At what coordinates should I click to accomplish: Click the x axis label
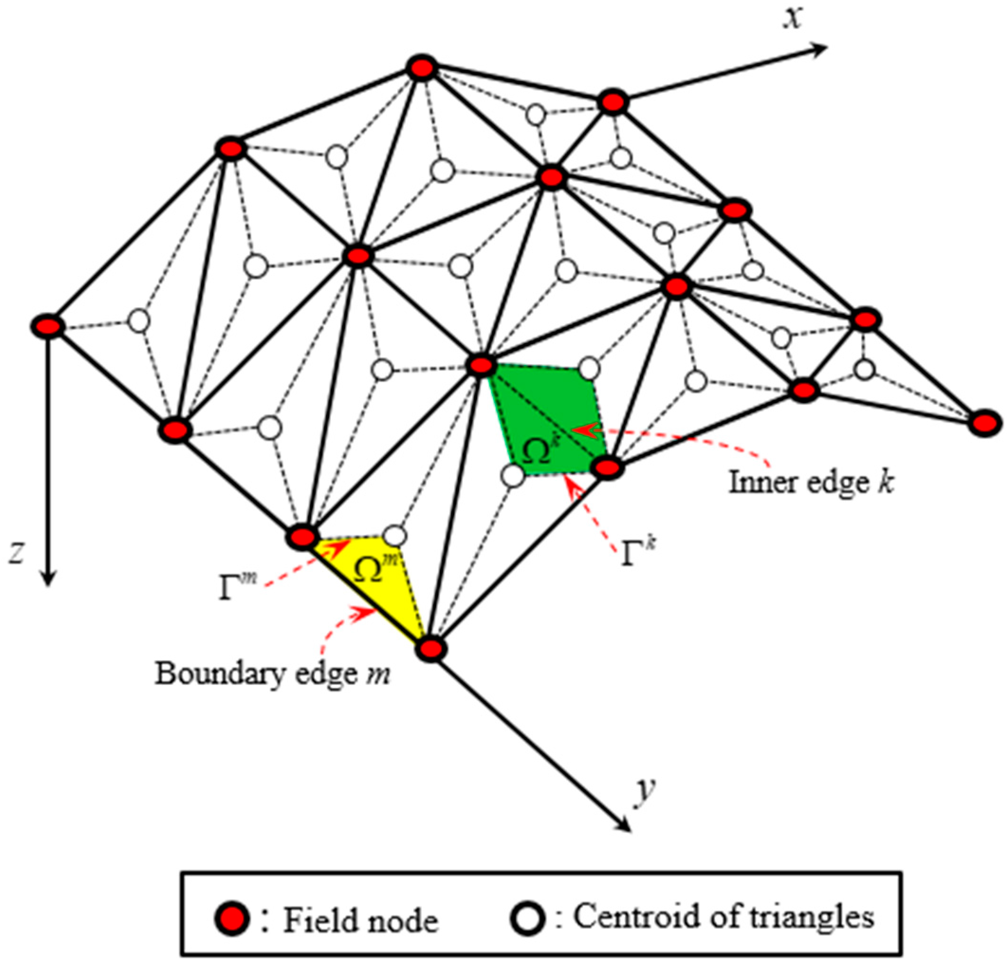pyautogui.click(x=793, y=19)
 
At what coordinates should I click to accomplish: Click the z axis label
pyautogui.click(x=18, y=553)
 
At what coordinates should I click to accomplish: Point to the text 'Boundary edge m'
pyautogui.click(x=272, y=674)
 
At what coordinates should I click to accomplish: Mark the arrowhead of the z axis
pyautogui.click(x=48, y=579)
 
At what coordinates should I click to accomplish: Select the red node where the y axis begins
pyautogui.click(x=430, y=649)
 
